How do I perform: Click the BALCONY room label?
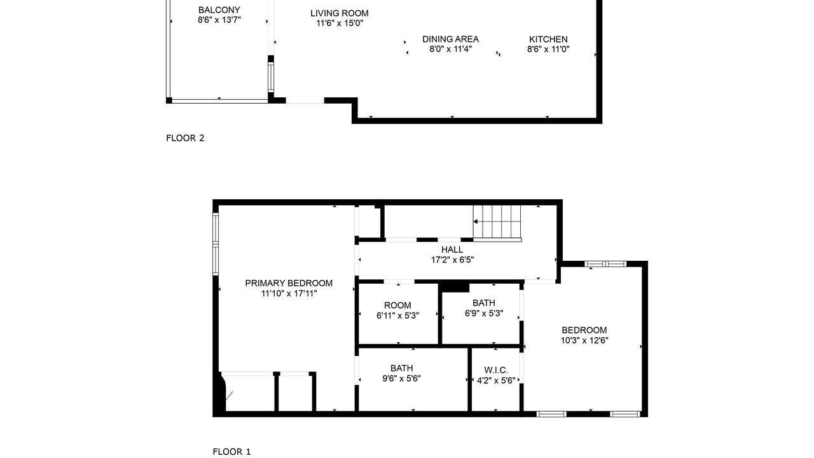(219, 10)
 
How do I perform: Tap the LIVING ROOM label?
(340, 13)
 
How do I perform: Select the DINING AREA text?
(450, 39)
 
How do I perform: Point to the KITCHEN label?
(548, 39)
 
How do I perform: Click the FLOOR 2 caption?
(185, 138)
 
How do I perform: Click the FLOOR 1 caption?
(231, 452)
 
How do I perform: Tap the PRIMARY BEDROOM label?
(289, 283)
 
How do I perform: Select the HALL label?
(452, 249)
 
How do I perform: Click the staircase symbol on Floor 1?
(497, 223)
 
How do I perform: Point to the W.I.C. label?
(496, 370)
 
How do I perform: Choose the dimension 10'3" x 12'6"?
(584, 340)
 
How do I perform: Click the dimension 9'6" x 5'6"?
(401, 378)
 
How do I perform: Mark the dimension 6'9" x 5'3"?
(484, 313)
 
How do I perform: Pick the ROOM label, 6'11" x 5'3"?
(397, 305)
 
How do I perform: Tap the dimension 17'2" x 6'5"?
(452, 260)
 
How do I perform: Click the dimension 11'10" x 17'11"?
(289, 293)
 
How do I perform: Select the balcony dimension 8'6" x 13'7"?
(219, 20)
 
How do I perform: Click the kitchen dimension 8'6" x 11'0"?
(548, 49)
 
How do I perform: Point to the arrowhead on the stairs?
(475, 221)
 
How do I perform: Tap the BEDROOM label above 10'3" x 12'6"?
(584, 330)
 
